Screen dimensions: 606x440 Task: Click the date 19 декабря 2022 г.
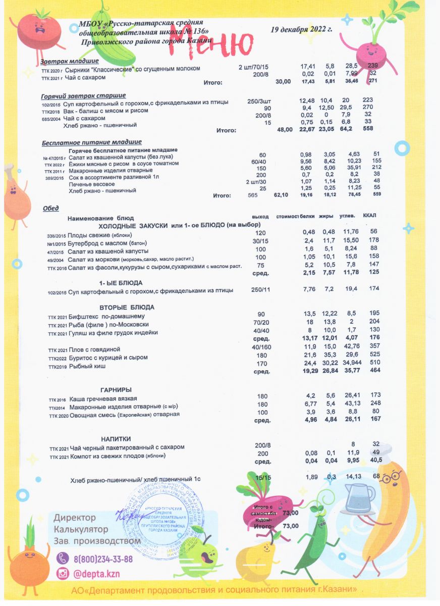pos(302,30)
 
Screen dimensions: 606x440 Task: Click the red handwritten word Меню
pos(211,45)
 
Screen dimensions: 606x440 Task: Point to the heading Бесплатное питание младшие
pos(91,142)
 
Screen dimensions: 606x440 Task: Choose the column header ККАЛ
pos(370,216)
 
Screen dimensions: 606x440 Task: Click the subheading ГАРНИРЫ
pos(116,390)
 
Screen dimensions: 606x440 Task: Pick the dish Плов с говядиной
pos(94,349)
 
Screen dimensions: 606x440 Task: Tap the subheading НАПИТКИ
pos(117,438)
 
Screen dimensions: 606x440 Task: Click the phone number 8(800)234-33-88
pos(103,559)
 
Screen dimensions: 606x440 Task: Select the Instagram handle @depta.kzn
pos(96,574)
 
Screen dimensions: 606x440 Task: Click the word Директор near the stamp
pos(75,518)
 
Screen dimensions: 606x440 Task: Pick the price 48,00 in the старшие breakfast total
pos(285,130)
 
